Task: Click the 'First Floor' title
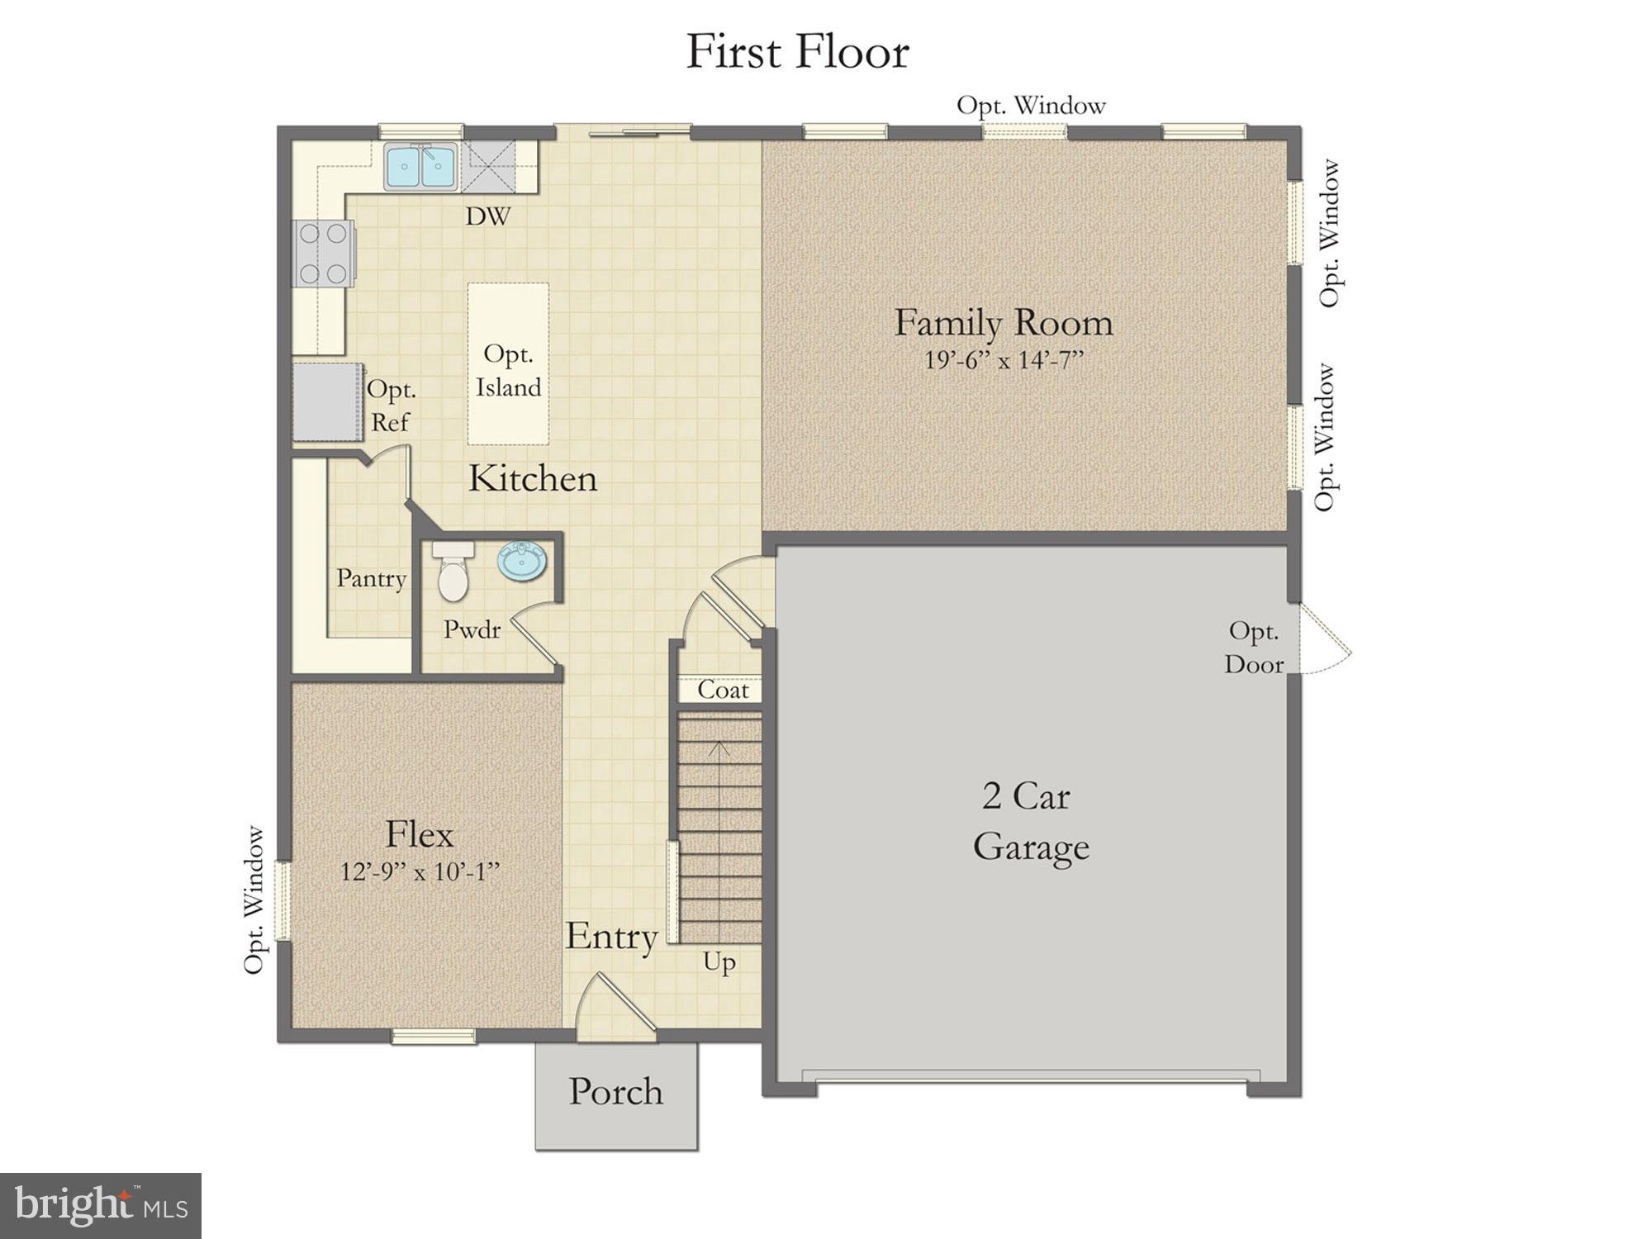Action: point(797,51)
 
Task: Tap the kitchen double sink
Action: point(420,167)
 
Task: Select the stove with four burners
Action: point(323,254)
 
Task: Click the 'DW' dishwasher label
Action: point(487,217)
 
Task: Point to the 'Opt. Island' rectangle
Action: point(508,364)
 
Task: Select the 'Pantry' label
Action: point(371,578)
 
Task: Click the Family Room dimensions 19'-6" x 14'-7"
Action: point(1003,361)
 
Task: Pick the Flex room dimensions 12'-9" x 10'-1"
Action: point(420,872)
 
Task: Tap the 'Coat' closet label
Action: point(723,690)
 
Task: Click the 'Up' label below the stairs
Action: point(719,963)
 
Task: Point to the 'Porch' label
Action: point(615,1092)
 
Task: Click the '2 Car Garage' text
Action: point(1029,822)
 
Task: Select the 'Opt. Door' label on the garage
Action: point(1253,648)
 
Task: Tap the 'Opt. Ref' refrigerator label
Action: point(391,406)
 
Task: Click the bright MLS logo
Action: point(100,1205)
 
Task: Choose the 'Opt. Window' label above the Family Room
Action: point(1030,106)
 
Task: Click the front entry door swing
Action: point(615,1008)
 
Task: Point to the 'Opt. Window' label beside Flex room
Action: point(255,900)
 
